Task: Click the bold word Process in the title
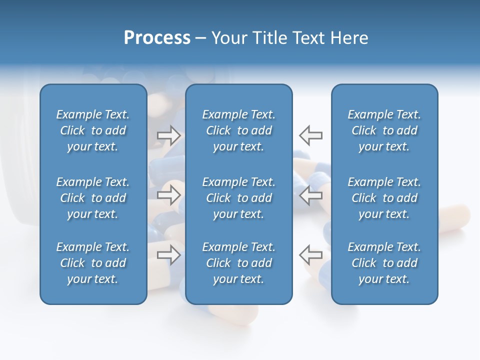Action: (157, 38)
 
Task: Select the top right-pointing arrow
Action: (168, 135)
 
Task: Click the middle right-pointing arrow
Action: (168, 195)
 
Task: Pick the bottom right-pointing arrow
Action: (168, 254)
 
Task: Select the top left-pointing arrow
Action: (311, 135)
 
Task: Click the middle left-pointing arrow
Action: (311, 195)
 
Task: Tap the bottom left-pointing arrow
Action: (311, 254)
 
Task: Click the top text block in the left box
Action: (93, 130)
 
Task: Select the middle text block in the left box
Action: (93, 198)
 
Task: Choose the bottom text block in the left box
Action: (93, 263)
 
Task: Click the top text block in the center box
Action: (238, 130)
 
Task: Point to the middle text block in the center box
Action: (238, 198)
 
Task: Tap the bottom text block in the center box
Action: (238, 263)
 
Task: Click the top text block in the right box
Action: (384, 130)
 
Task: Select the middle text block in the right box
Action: (384, 198)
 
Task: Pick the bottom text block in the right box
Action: (384, 263)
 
